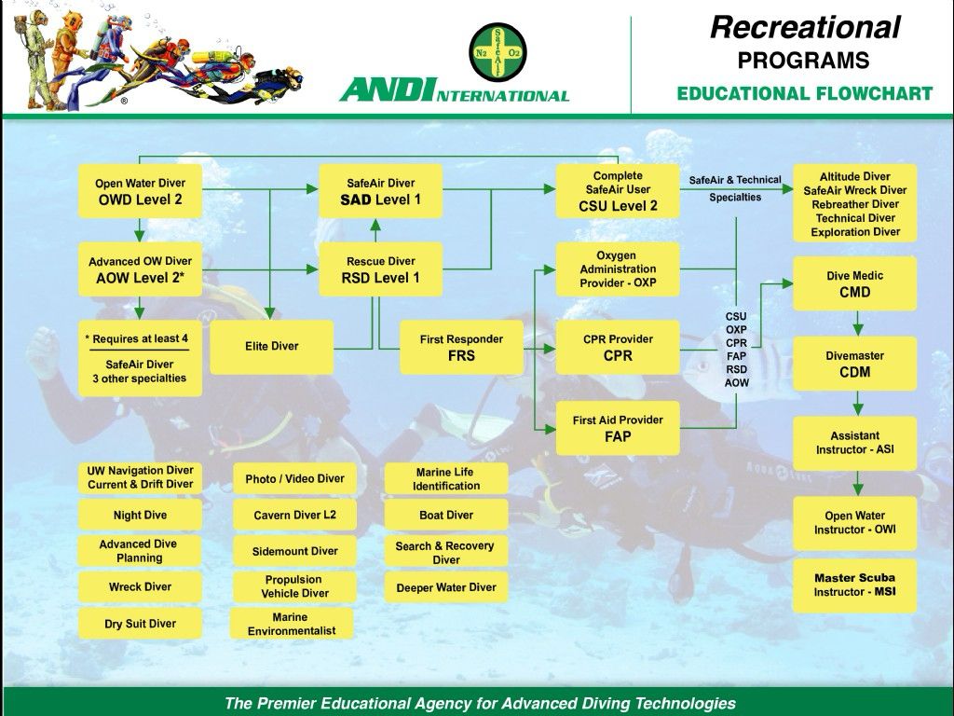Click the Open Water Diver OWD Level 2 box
tap(140, 191)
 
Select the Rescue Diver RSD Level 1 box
tap(380, 269)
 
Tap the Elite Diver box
tap(271, 347)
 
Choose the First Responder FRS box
tap(461, 348)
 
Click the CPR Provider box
tap(618, 348)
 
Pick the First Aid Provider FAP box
tap(618, 428)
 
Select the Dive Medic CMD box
tap(854, 283)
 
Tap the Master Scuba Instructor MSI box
tap(854, 585)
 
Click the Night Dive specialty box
tap(140, 515)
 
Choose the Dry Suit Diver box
tap(140, 624)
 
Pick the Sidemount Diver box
tap(294, 551)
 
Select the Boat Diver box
tap(446, 515)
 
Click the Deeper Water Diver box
tap(446, 587)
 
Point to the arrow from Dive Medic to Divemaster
tap(857, 324)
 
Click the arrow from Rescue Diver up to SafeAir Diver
tap(375, 231)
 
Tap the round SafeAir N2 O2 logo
tap(497, 52)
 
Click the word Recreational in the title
tap(805, 28)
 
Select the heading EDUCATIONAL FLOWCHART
tap(804, 94)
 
